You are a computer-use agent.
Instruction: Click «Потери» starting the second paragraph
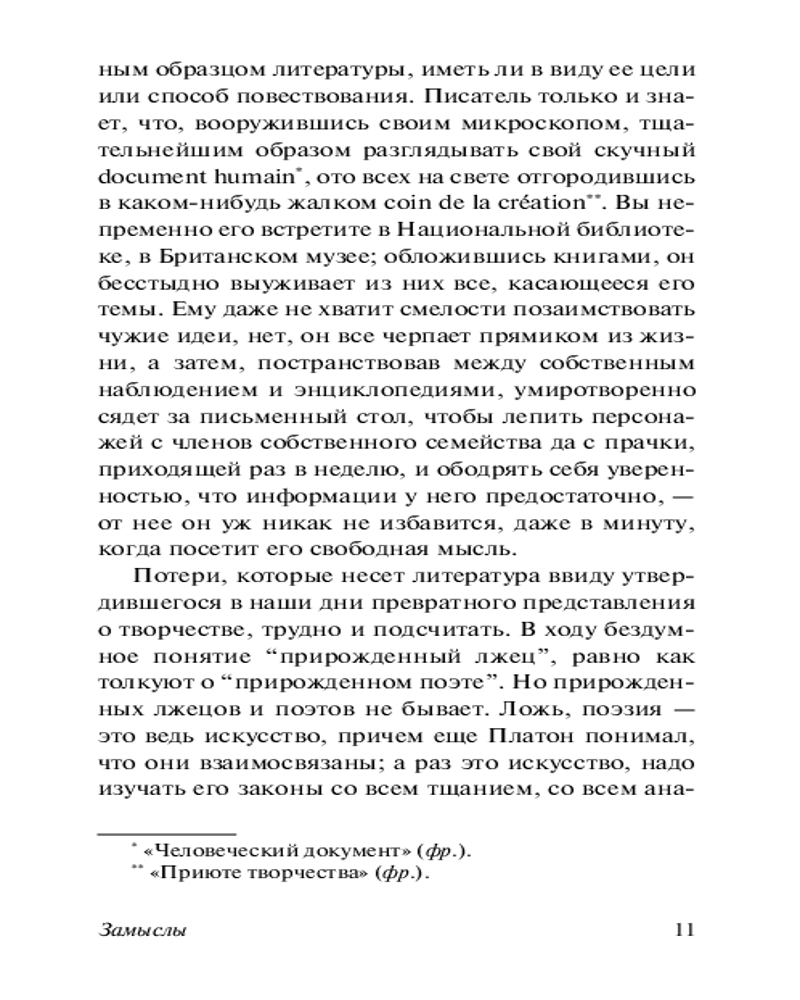point(171,581)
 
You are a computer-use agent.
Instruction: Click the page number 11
point(684,929)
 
